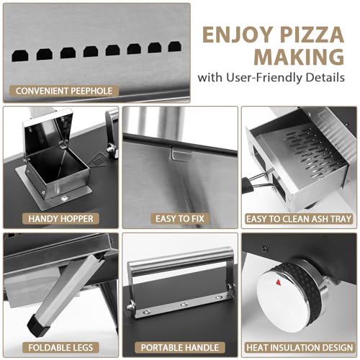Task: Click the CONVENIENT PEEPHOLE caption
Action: click(x=62, y=91)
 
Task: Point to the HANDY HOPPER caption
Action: click(x=56, y=217)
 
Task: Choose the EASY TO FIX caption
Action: click(x=179, y=217)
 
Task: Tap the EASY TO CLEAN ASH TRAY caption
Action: click(x=299, y=217)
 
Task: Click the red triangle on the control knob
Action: click(x=278, y=283)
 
